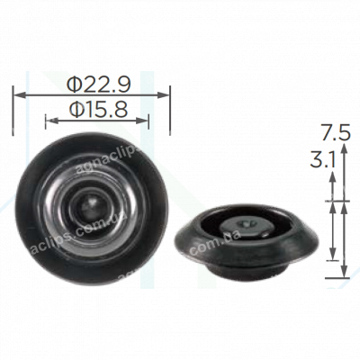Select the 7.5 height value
click(x=333, y=134)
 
